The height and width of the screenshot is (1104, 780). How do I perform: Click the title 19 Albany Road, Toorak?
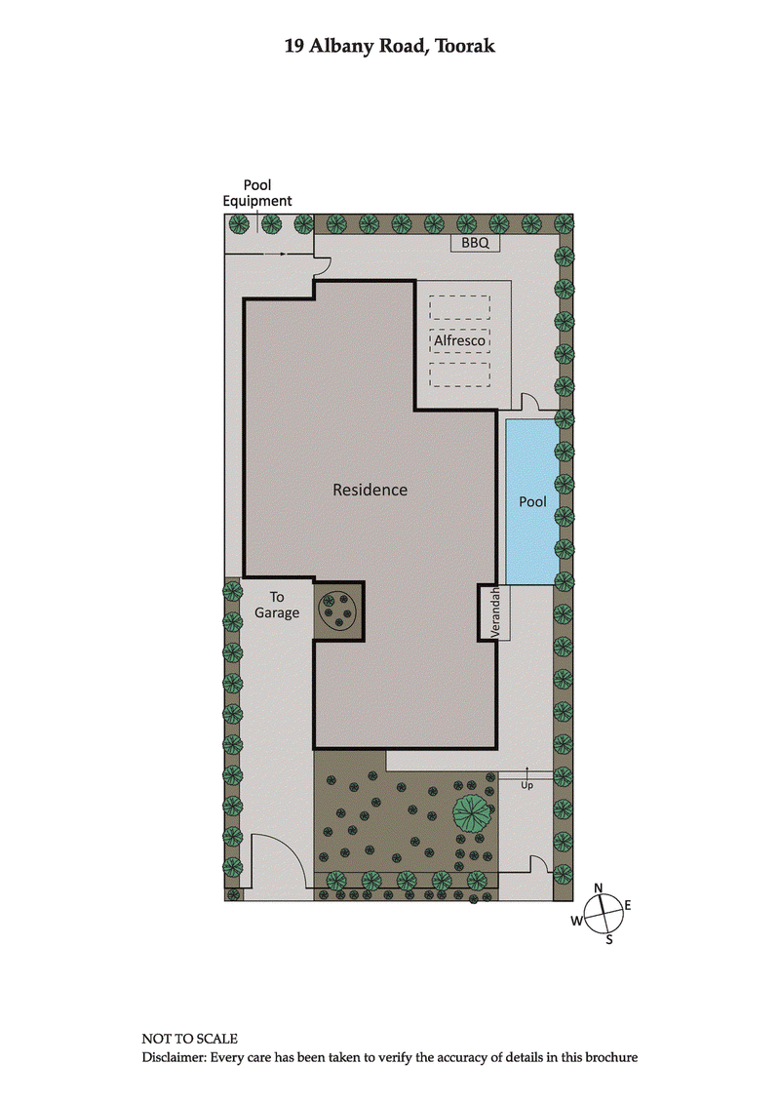389,46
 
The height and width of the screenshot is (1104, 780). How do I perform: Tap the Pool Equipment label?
257,193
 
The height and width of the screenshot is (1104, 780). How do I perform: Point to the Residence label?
370,490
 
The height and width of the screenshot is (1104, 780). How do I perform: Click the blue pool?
531,501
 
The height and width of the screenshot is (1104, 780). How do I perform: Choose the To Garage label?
277,605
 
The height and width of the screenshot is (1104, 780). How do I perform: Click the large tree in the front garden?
473,812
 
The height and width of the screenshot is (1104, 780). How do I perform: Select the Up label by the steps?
527,784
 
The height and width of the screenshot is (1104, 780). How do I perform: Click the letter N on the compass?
600,887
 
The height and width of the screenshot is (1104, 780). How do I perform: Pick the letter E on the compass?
628,906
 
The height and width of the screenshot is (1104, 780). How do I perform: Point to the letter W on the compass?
577,921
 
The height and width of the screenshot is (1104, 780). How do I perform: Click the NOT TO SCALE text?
189,1040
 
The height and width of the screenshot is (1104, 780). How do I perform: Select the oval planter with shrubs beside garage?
337,611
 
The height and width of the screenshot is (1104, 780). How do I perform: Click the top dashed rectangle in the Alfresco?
459,307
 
